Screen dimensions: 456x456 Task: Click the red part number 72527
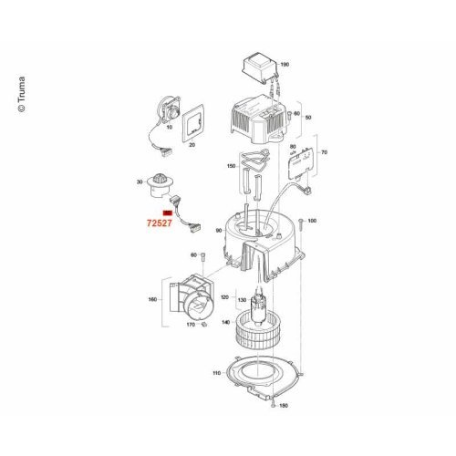pyautogui.click(x=160, y=223)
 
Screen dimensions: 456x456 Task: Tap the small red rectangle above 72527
pyautogui.click(x=168, y=212)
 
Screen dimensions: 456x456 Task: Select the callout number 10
pyautogui.click(x=170, y=127)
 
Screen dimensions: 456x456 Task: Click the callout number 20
pyautogui.click(x=192, y=145)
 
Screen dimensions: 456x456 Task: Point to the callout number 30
pyautogui.click(x=140, y=182)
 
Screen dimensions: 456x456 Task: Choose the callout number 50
pyautogui.click(x=308, y=118)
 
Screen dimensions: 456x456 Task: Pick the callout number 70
pyautogui.click(x=325, y=152)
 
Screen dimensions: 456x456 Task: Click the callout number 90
pyautogui.click(x=219, y=231)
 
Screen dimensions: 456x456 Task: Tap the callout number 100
pyautogui.click(x=312, y=221)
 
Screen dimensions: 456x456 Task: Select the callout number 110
pyautogui.click(x=217, y=373)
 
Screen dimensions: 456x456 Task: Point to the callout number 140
pyautogui.click(x=226, y=322)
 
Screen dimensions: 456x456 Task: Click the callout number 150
pyautogui.click(x=232, y=166)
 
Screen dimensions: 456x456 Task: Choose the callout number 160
pyautogui.click(x=152, y=299)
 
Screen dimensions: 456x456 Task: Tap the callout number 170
pyautogui.click(x=191, y=325)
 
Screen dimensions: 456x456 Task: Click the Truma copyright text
pyautogui.click(x=21, y=95)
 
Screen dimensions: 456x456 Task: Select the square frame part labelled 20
pyautogui.click(x=193, y=123)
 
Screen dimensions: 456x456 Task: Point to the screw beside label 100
pyautogui.click(x=300, y=226)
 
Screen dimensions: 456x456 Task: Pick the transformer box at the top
pyautogui.click(x=261, y=67)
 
